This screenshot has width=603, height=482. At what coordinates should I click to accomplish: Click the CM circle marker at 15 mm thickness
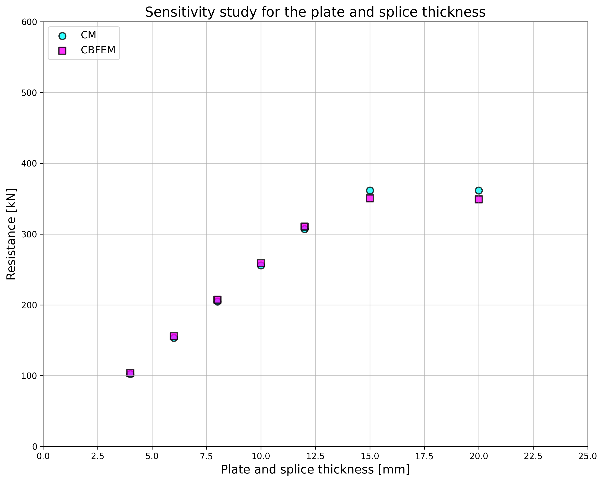click(x=370, y=190)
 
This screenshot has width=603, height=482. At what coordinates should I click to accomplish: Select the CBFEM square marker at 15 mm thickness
click(x=370, y=198)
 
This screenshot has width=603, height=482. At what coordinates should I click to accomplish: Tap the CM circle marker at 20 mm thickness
click(x=479, y=190)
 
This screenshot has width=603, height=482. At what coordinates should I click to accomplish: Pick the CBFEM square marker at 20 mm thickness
click(x=479, y=199)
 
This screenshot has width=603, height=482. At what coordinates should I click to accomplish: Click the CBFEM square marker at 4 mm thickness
click(x=130, y=373)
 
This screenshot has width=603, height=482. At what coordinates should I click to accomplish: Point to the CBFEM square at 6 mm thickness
click(x=174, y=336)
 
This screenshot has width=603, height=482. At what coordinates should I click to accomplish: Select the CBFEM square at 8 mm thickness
click(x=217, y=299)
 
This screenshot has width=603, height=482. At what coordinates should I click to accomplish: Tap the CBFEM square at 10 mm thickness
click(x=261, y=263)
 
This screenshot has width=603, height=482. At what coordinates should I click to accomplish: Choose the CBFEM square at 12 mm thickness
click(x=304, y=226)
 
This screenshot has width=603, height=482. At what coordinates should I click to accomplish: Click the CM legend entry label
click(x=88, y=35)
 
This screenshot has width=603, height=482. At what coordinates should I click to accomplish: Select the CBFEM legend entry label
click(x=98, y=50)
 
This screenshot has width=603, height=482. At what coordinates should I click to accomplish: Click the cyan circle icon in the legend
click(x=62, y=36)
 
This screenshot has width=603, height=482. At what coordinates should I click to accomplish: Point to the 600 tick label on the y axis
click(x=29, y=22)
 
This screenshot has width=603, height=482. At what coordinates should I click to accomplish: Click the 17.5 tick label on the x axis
click(x=424, y=456)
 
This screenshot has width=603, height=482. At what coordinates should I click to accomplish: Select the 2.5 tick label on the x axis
click(x=98, y=456)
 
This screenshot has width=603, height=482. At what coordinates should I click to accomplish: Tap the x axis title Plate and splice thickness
click(x=315, y=470)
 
